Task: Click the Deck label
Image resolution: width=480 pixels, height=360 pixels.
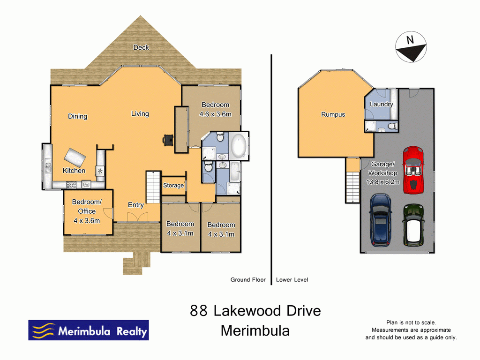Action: coord(141,47)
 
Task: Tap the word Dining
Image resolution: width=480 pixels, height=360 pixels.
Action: coord(77,116)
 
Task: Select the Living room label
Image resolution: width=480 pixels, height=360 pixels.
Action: coord(140,113)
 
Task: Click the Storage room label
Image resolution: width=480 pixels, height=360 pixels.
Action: coord(173,185)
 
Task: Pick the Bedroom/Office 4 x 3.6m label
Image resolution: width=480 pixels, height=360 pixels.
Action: coord(86,211)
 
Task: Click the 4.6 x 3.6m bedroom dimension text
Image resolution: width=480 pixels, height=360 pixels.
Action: coord(215,113)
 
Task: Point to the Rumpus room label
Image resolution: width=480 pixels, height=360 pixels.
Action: coord(333,114)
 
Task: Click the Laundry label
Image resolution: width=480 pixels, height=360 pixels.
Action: coord(381,104)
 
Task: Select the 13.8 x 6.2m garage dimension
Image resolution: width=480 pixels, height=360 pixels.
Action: coord(383,182)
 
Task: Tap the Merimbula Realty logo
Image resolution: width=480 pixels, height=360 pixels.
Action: coord(89,330)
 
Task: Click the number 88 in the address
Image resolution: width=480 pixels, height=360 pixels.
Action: coord(199,311)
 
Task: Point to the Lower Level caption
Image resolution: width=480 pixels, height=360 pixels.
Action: coord(292,280)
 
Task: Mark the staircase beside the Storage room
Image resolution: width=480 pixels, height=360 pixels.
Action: coord(153,187)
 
